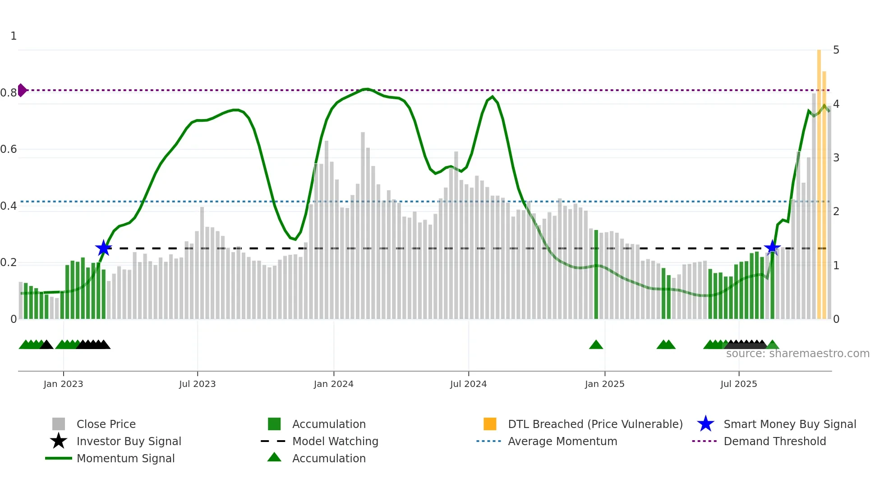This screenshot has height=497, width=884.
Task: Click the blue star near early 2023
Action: point(104,248)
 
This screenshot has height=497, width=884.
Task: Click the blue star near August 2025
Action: point(772,248)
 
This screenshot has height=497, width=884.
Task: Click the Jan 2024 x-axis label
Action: point(333,384)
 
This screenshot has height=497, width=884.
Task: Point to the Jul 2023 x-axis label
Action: point(197,384)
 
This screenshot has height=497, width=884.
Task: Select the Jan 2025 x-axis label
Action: point(604,384)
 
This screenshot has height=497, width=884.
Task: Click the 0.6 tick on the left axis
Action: point(9,149)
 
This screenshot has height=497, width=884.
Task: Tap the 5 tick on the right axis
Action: point(836,50)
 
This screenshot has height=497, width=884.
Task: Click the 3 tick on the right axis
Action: point(836,158)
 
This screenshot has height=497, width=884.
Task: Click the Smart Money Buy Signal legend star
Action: point(705,424)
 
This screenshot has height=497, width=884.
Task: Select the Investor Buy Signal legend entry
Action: point(129,441)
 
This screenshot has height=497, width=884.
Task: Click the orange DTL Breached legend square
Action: point(490,424)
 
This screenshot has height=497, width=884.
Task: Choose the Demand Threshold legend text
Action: point(774,441)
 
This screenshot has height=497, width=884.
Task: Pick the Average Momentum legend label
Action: point(562,441)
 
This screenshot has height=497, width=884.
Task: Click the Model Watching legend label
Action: point(335,441)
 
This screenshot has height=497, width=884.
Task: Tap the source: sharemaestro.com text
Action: point(797,354)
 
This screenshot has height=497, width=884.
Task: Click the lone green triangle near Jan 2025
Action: point(596,345)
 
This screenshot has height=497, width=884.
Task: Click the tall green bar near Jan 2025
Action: point(596,275)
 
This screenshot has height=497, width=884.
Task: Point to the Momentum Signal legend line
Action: point(59,458)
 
